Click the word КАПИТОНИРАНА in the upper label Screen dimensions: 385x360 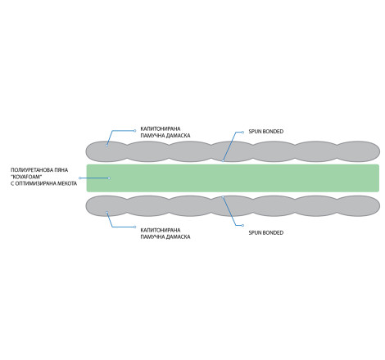pyautogui.click(x=161, y=128)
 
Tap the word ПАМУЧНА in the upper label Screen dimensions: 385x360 pyautogui.click(x=152, y=136)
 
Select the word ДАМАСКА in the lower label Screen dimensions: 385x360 pyautogui.click(x=178, y=237)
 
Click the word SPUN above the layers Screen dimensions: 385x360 pyautogui.click(x=254, y=132)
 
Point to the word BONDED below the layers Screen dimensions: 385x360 pyautogui.click(x=273, y=233)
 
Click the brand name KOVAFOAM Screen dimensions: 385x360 pyautogui.click(x=27, y=177)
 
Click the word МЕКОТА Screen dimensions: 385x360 pyautogui.click(x=66, y=183)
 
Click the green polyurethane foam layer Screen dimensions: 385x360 pyautogui.click(x=233, y=178)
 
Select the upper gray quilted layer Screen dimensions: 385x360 pyautogui.click(x=233, y=151)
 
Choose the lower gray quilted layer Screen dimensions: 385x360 pyautogui.click(x=233, y=206)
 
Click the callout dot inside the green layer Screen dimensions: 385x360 pyautogui.click(x=109, y=178)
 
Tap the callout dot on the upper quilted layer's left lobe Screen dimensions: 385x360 pyautogui.click(x=106, y=146)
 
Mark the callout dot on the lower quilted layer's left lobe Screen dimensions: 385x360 pyautogui.click(x=106, y=213)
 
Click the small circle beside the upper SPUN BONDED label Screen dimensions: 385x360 pyautogui.click(x=242, y=133)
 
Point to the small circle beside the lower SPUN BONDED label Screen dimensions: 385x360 pyautogui.click(x=242, y=226)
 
